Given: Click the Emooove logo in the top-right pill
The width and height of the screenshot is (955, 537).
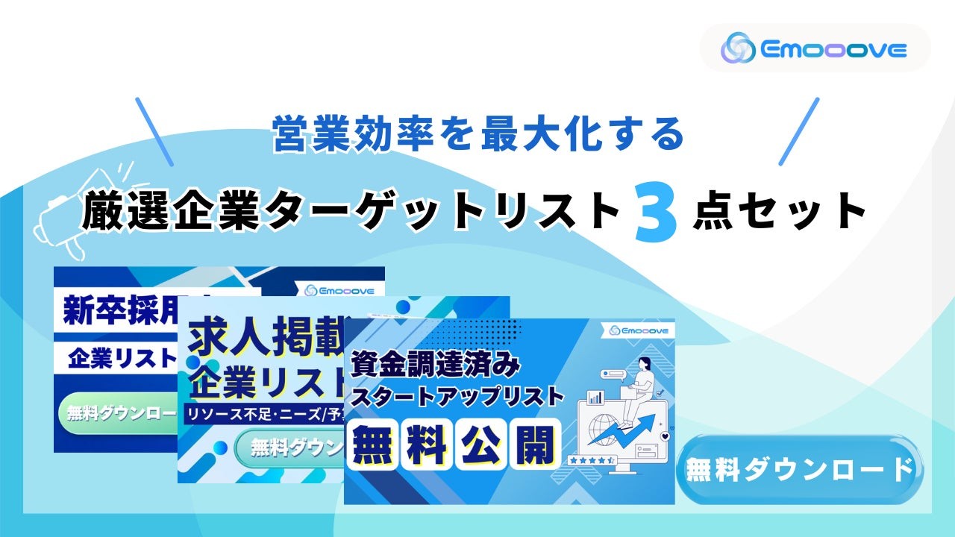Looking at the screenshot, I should click(x=814, y=49).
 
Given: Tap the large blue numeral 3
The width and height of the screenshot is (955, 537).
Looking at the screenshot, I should click(x=656, y=214).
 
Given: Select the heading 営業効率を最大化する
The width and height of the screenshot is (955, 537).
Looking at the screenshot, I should click(x=477, y=135).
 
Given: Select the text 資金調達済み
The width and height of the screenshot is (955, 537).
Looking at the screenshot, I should click(x=435, y=365).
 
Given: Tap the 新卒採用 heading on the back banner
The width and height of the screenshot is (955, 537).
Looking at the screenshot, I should click(x=112, y=310).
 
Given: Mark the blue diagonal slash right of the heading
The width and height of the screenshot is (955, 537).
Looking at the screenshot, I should click(x=799, y=131).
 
